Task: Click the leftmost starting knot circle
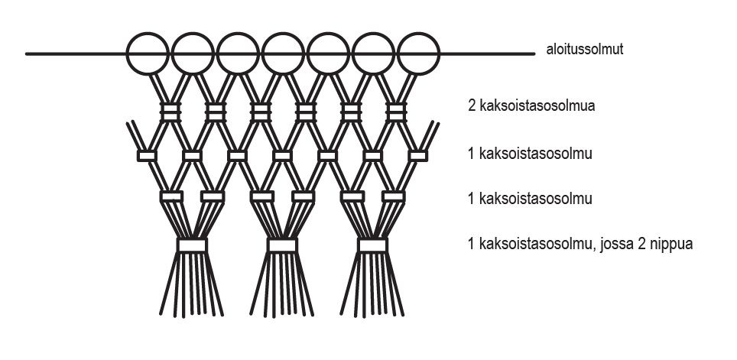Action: tap(147, 54)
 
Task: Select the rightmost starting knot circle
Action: tap(419, 54)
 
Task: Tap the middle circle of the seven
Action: tap(283, 54)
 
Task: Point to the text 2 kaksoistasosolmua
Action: tap(531, 105)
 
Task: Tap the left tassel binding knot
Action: tap(192, 245)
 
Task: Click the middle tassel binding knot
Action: tap(282, 245)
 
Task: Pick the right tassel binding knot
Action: tap(373, 245)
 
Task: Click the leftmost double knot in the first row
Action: tap(170, 112)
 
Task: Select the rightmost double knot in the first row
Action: tap(396, 112)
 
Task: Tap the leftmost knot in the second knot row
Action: tap(147, 156)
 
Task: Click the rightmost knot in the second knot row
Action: tap(418, 156)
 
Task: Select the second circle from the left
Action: tap(192, 54)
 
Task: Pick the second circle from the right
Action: tap(374, 54)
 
